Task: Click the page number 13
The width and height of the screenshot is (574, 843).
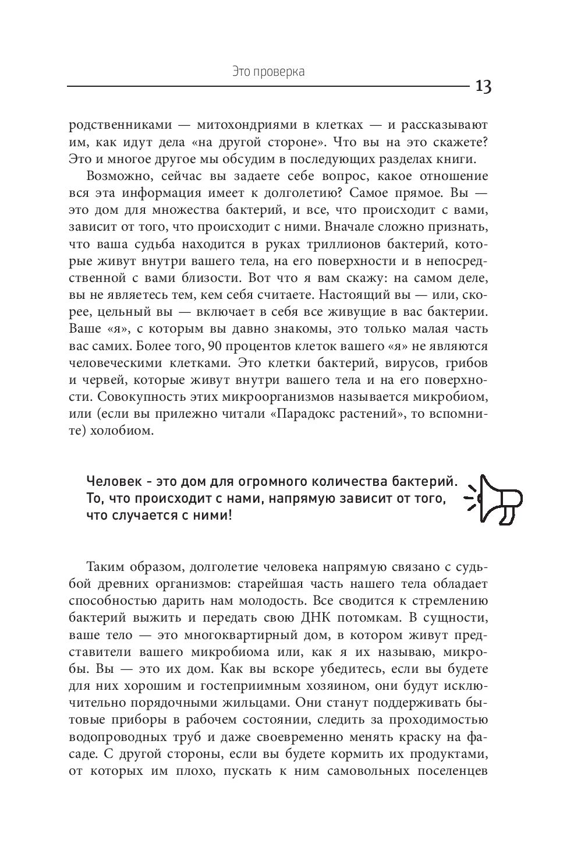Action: coord(483,87)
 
